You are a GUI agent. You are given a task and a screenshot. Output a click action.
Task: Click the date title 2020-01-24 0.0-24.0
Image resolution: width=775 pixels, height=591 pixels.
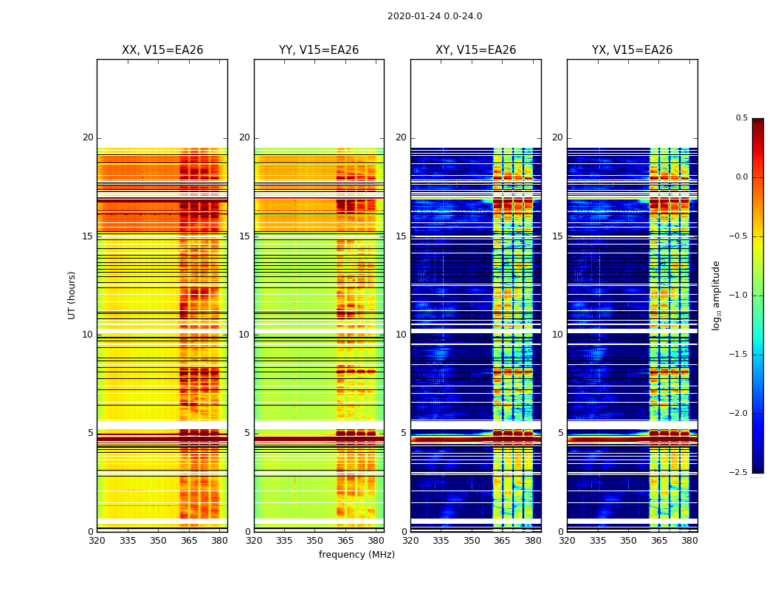[x=435, y=16]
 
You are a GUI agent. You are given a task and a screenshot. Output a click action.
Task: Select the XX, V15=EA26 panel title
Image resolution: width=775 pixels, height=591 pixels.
[x=162, y=50]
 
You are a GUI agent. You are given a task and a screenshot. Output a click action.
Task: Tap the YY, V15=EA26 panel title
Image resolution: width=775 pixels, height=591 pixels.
[x=319, y=50]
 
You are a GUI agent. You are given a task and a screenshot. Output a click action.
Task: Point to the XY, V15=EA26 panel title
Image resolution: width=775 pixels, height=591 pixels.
[x=475, y=50]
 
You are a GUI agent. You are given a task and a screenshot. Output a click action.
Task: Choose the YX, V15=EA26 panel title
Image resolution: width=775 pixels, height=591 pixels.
[x=632, y=50]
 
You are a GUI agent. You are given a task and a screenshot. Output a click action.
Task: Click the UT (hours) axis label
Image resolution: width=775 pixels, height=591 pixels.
[x=72, y=295]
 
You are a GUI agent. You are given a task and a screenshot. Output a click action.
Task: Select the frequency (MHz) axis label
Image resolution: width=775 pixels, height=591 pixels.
[x=356, y=555]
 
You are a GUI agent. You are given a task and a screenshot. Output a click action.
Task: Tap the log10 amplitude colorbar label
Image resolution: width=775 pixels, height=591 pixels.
[x=716, y=295]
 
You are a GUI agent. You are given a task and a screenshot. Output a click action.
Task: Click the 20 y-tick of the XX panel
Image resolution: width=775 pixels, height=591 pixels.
[x=88, y=138]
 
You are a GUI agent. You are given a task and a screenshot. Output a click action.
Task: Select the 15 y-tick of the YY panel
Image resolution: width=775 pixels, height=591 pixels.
[x=244, y=236]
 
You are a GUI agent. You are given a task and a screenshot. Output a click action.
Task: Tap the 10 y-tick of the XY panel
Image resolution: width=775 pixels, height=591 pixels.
[x=401, y=335]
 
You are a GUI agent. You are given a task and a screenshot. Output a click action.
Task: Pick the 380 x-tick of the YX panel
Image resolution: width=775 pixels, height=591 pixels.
[x=689, y=541]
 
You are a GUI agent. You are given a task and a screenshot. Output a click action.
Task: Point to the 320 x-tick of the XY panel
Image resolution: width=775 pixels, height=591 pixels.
[x=410, y=541]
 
